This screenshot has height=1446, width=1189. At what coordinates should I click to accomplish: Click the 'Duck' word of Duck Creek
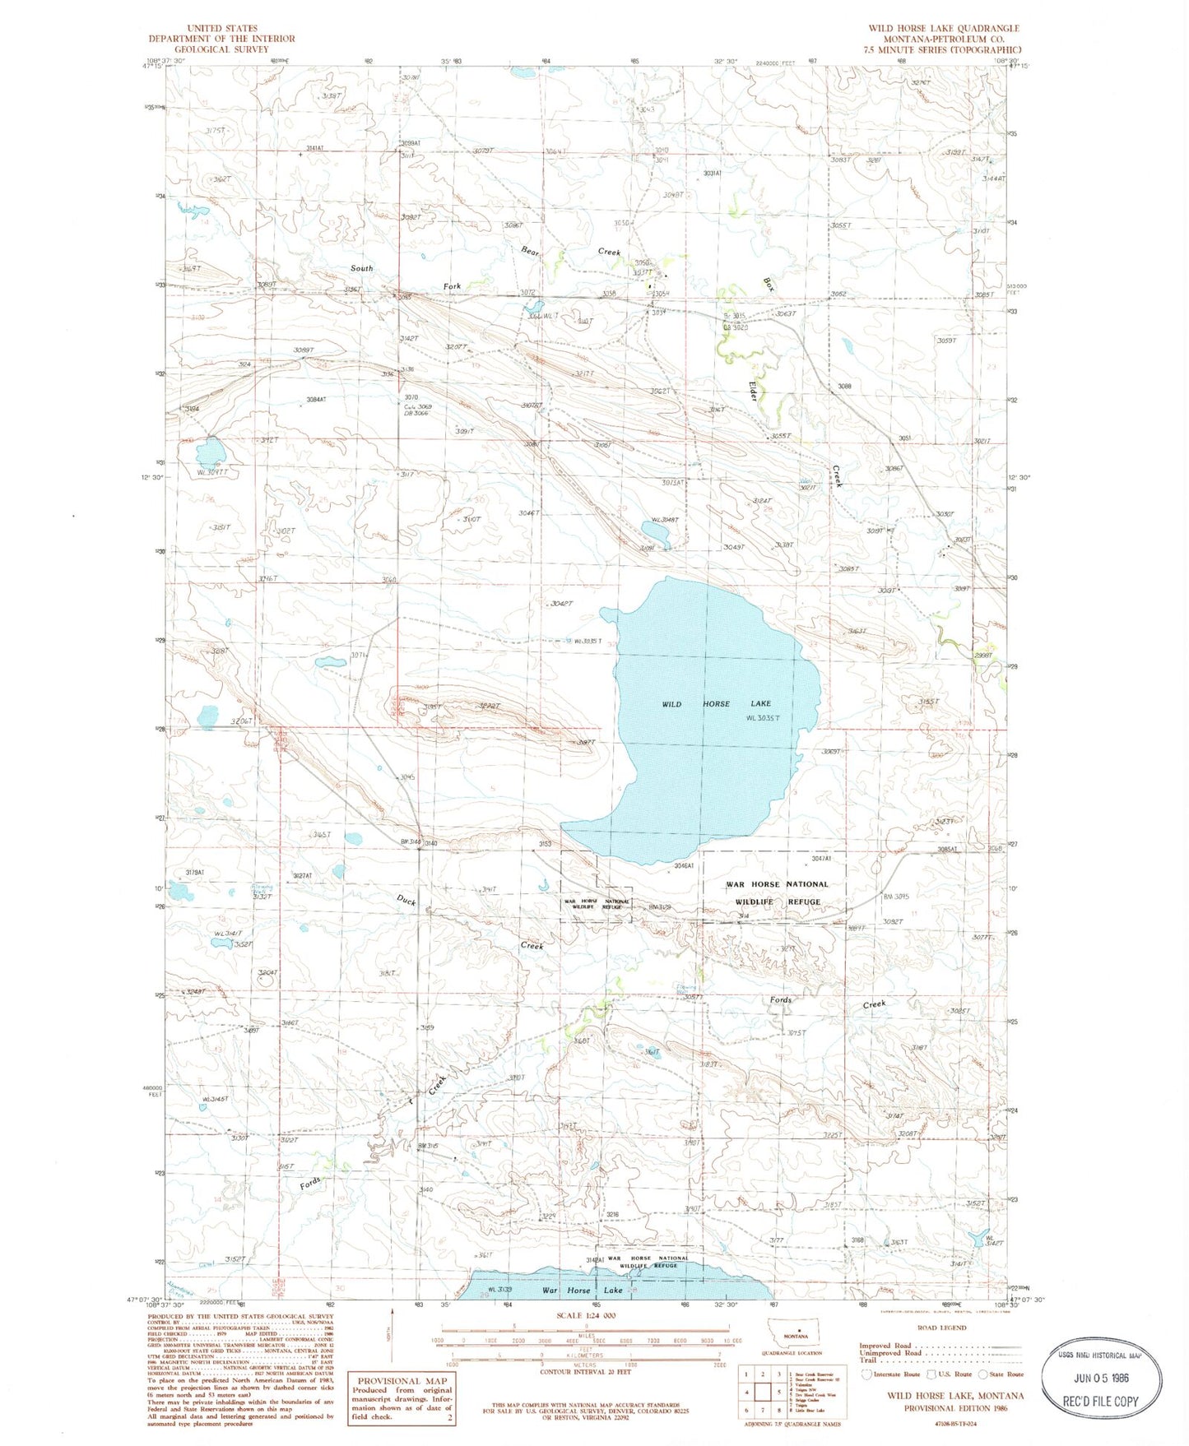[406, 901]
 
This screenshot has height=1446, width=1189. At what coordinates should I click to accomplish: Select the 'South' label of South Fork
[361, 268]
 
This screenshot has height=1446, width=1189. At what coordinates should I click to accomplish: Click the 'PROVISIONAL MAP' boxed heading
[402, 1381]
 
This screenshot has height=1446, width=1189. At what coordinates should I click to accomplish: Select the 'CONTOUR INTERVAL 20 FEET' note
[585, 1372]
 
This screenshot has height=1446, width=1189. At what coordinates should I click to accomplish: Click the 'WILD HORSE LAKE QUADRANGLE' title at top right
[943, 28]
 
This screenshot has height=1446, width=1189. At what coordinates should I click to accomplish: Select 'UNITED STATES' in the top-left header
[221, 28]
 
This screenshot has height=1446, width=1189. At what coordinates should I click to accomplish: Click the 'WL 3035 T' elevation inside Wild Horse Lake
[762, 718]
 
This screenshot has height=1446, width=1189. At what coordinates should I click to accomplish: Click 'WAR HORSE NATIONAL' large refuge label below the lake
[777, 884]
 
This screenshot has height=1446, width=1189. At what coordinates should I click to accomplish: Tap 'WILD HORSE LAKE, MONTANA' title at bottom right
[954, 1396]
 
